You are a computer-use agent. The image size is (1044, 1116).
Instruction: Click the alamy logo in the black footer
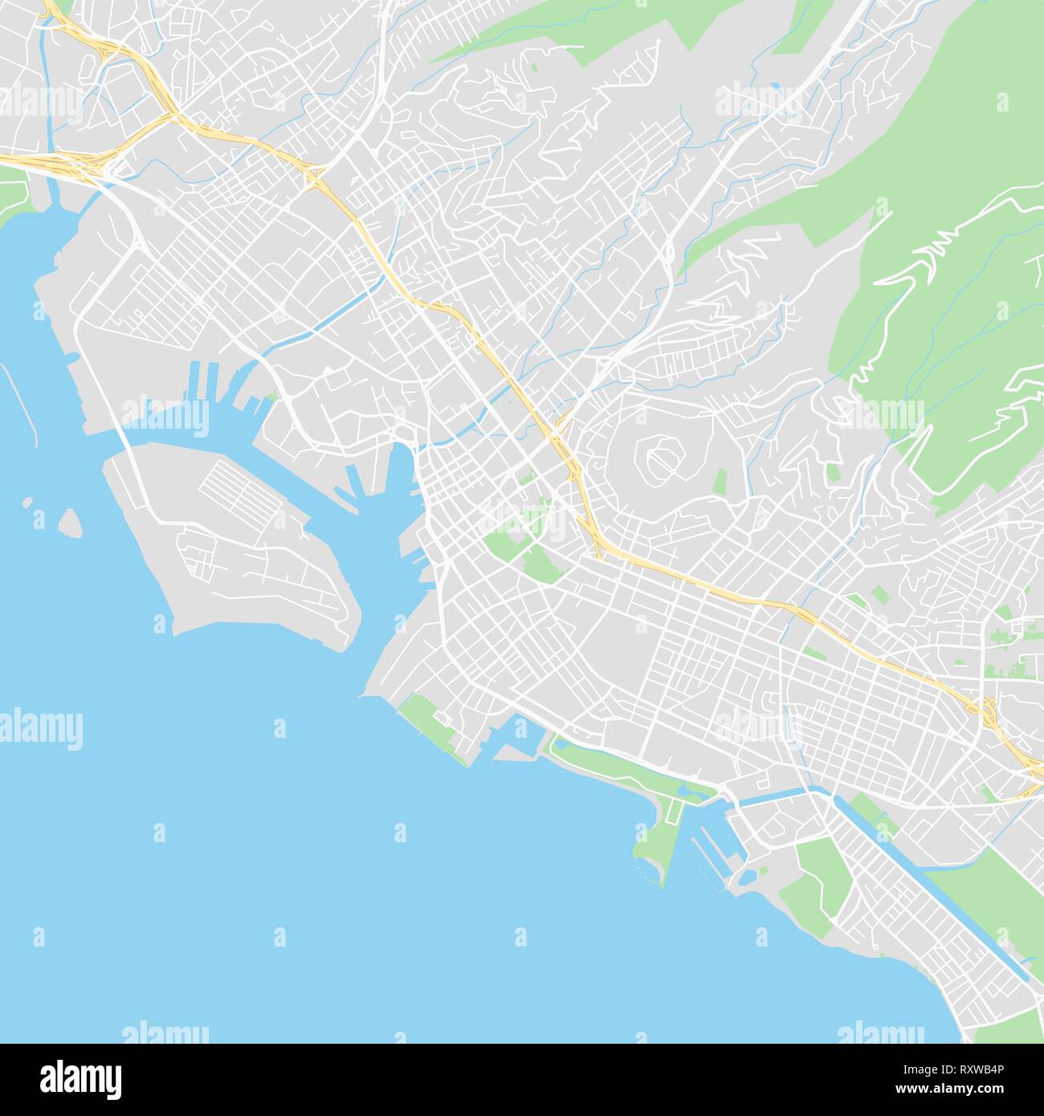pos(80,1076)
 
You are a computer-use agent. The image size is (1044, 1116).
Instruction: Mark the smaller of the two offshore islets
pos(29,504)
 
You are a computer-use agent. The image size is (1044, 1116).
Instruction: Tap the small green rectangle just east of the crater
pos(720,482)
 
